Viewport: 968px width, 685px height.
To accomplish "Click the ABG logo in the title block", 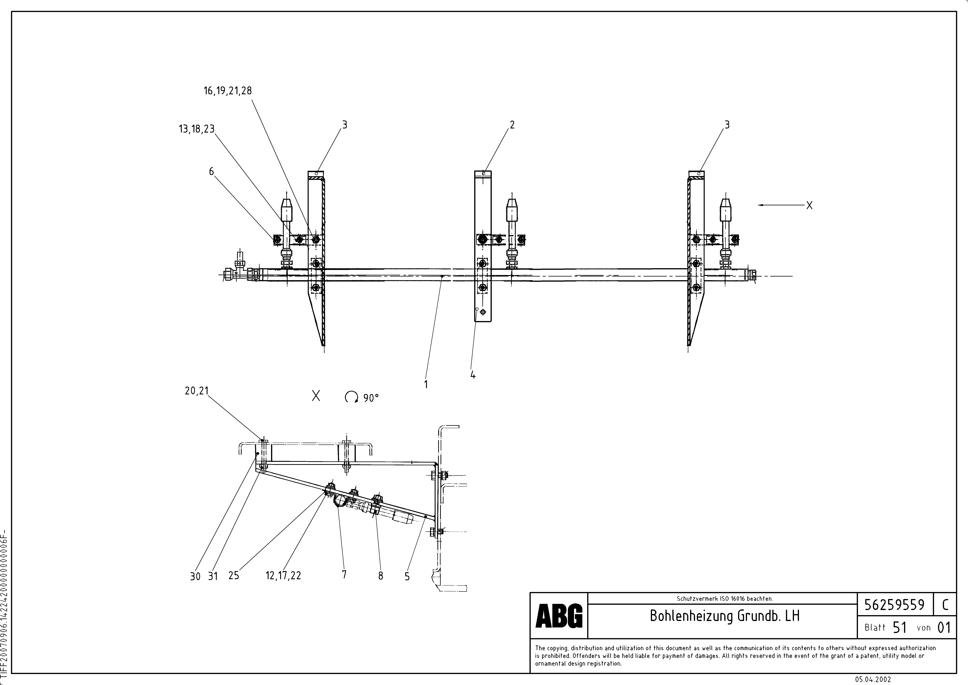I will pos(559,616).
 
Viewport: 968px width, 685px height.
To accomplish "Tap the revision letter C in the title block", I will pos(945,605).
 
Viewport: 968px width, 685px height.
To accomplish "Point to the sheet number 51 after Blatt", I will pos(899,628).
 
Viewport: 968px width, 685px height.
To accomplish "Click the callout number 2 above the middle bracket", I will pos(512,125).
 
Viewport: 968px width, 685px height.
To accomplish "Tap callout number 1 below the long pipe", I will pos(426,384).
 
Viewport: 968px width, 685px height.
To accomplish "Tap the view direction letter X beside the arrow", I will pos(809,205).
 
